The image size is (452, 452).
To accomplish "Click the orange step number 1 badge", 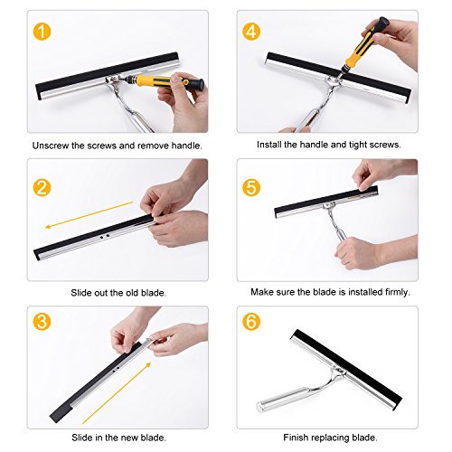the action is coord(42,32).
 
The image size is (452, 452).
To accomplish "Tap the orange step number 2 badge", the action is coord(42,187).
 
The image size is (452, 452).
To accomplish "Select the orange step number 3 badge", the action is coord(42,321).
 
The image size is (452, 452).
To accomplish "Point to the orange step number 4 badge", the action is coord(251,32).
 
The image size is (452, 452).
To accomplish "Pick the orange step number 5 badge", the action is coord(251,187).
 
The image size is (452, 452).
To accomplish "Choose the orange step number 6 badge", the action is coord(251,321).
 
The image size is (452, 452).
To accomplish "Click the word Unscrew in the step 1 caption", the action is coord(51,146).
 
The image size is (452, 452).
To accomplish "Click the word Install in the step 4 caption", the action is coord(268,145).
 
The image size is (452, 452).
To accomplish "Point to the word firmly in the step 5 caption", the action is coord(398,292).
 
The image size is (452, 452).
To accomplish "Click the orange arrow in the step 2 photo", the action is coord(89,215).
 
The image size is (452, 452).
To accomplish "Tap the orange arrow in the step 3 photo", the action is coord(117,393).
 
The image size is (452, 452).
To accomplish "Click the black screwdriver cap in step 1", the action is coord(196,83).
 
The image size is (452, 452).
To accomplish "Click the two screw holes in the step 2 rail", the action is coord(104,237).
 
